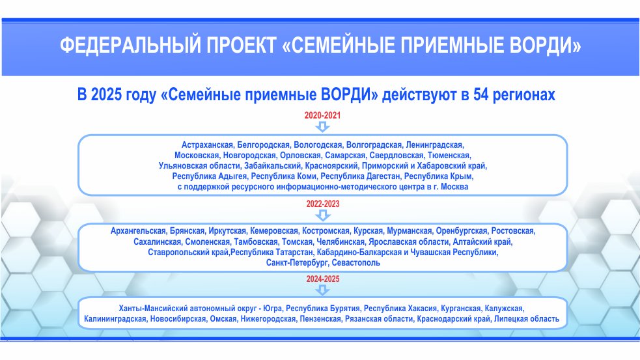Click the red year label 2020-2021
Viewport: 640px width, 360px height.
click(x=322, y=115)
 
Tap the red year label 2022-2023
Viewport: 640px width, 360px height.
click(x=323, y=204)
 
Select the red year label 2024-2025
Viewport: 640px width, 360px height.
click(x=323, y=279)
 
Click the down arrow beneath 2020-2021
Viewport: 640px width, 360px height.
click(x=322, y=126)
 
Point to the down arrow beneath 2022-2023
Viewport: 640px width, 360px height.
click(x=323, y=215)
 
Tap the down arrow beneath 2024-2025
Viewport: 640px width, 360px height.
click(x=323, y=290)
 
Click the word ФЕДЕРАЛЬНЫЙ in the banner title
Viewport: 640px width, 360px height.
click(x=131, y=46)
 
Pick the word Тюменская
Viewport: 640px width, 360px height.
click(x=449, y=156)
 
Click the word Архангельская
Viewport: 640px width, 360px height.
click(x=138, y=231)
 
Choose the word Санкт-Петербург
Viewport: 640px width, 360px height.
click(x=297, y=263)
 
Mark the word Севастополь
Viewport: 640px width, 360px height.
click(x=356, y=263)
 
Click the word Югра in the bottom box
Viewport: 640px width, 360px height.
click(x=272, y=309)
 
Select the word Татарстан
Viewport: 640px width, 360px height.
click(x=294, y=253)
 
